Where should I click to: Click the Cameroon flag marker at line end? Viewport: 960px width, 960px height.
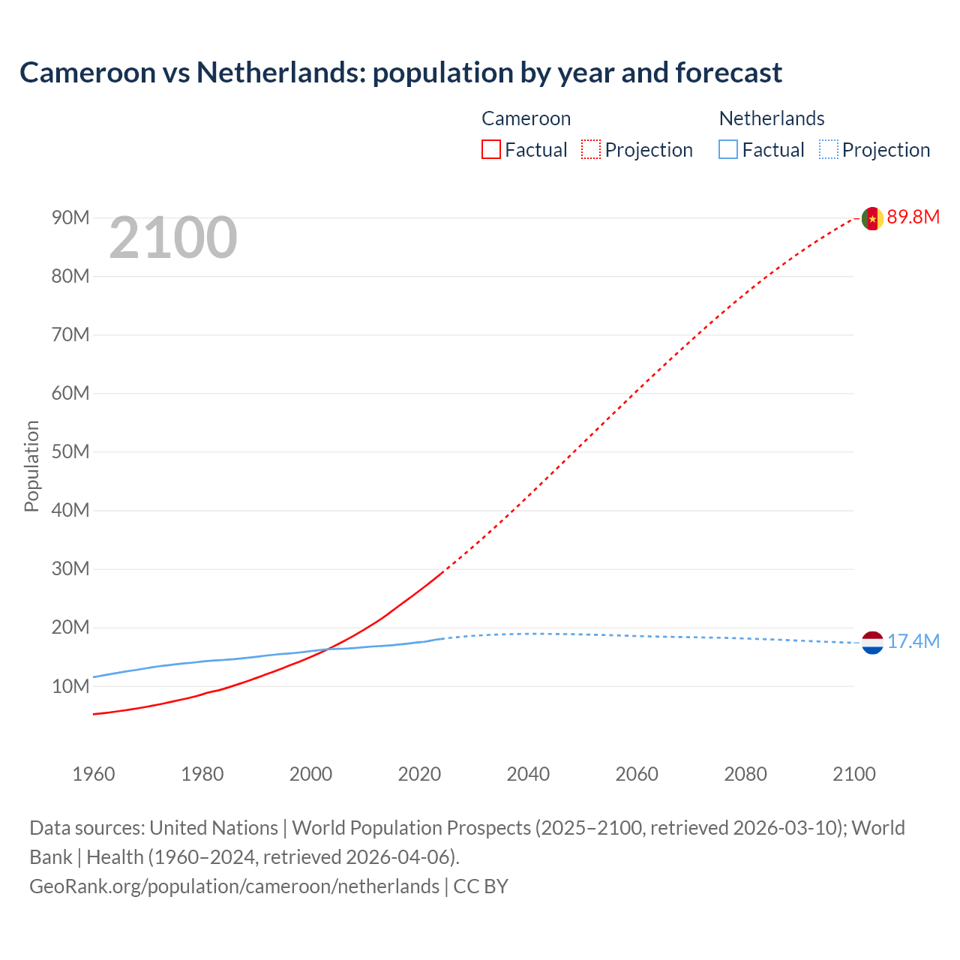872,218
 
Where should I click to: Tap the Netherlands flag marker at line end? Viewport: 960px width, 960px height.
872,643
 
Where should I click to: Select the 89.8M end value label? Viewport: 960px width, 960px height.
913,217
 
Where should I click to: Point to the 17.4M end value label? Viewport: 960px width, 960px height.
913,642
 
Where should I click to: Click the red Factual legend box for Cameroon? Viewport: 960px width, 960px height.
491,150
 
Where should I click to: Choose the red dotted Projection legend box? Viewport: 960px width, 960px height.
591,150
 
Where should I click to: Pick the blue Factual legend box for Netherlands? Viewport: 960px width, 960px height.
728,150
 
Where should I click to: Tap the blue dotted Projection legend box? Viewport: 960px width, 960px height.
829,150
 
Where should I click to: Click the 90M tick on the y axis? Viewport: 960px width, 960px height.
70,218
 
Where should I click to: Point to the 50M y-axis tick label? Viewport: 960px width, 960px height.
70,452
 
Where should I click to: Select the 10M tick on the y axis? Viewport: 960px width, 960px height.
70,686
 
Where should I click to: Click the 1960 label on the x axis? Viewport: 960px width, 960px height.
94,774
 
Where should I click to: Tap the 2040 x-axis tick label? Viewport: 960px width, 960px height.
528,774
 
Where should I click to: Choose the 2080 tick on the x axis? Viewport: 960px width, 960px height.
745,774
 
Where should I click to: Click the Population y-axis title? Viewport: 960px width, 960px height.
31,466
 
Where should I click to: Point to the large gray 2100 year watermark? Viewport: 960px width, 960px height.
173,238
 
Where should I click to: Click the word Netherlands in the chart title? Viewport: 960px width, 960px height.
280,73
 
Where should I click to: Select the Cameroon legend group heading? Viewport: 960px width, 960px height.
526,118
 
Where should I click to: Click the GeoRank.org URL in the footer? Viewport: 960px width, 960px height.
234,886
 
